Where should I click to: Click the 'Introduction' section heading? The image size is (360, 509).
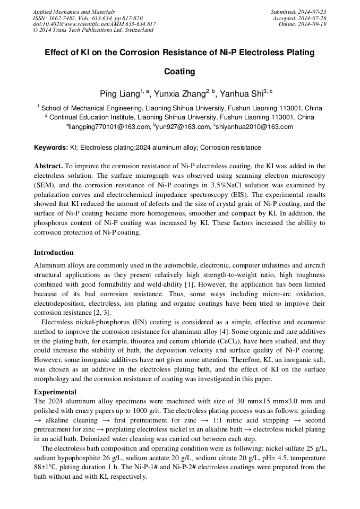tap(54, 252)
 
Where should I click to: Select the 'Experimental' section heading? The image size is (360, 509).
tap(55, 392)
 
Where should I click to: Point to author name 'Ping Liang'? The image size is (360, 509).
tap(119, 94)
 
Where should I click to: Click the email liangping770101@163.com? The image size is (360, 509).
tap(109, 127)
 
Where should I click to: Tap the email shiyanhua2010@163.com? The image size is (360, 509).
tap(254, 127)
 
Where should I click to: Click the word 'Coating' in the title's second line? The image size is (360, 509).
tap(179, 72)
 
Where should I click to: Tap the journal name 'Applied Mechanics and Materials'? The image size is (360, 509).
tap(74, 12)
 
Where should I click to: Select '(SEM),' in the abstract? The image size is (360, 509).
tap(45, 185)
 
